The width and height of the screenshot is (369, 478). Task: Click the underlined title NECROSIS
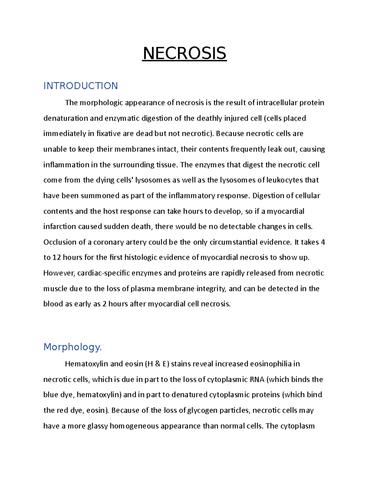(184, 54)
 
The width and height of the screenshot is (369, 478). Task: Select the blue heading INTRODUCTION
(81, 86)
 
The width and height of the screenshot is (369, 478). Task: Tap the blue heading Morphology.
(73, 347)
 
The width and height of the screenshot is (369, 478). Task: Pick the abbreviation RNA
(257, 380)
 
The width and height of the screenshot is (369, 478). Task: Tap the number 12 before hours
(57, 258)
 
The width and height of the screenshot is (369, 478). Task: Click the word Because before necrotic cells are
(230, 134)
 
